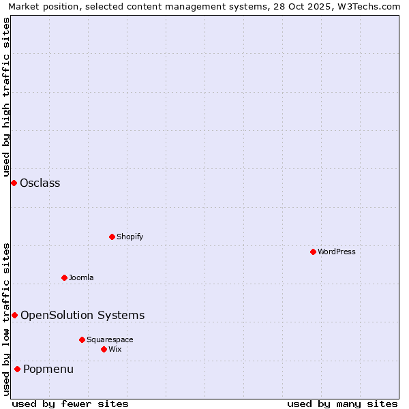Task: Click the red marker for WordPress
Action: [x=313, y=252]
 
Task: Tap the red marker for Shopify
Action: [x=112, y=237]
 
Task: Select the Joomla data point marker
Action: [x=64, y=277]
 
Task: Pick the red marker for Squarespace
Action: [x=82, y=339]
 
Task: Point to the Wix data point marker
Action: [x=104, y=349]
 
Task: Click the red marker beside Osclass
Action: [x=14, y=183]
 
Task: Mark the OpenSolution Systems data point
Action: [x=14, y=315]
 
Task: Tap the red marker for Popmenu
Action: [x=17, y=369]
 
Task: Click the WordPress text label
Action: [x=336, y=252]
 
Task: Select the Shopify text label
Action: [x=130, y=237]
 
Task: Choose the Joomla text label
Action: [x=81, y=277]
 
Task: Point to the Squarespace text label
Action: [x=110, y=339]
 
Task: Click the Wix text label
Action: [x=115, y=349]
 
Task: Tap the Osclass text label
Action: [x=40, y=183]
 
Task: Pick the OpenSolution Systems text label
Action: [x=82, y=315]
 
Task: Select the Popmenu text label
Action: [x=48, y=369]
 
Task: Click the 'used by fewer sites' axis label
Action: [x=70, y=404]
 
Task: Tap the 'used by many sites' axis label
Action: [x=342, y=404]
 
